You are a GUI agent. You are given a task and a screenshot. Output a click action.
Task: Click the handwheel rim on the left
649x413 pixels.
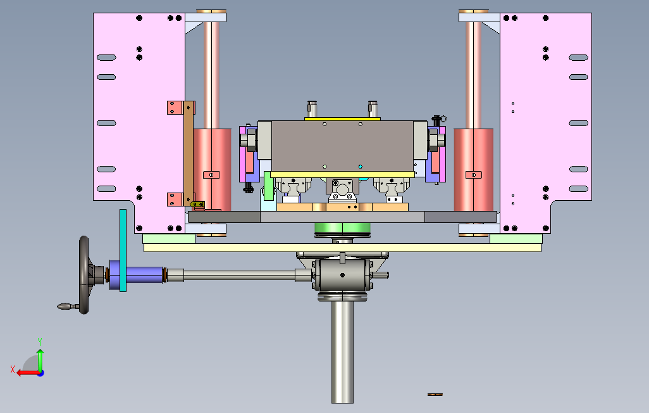click(84, 274)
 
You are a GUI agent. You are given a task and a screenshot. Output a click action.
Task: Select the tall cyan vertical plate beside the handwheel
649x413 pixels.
click(123, 250)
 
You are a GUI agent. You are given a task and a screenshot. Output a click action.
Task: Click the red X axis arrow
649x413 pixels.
click(28, 373)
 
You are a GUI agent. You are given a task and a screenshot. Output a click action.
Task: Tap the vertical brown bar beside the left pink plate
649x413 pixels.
click(189, 153)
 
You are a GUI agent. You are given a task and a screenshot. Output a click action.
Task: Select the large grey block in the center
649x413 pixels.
click(342, 146)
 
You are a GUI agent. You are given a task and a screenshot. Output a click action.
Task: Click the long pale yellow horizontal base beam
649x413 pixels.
click(342, 248)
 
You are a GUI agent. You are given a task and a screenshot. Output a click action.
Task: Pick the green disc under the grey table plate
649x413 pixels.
click(342, 228)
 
